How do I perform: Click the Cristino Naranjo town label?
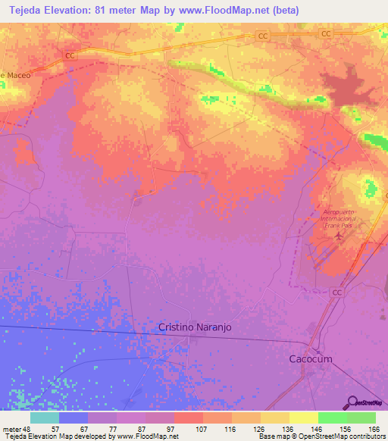tap(194, 327)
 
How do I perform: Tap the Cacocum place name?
tap(311, 358)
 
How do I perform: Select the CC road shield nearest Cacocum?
tap(337, 292)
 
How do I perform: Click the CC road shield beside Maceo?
tap(70, 55)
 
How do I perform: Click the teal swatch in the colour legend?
tap(45, 418)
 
